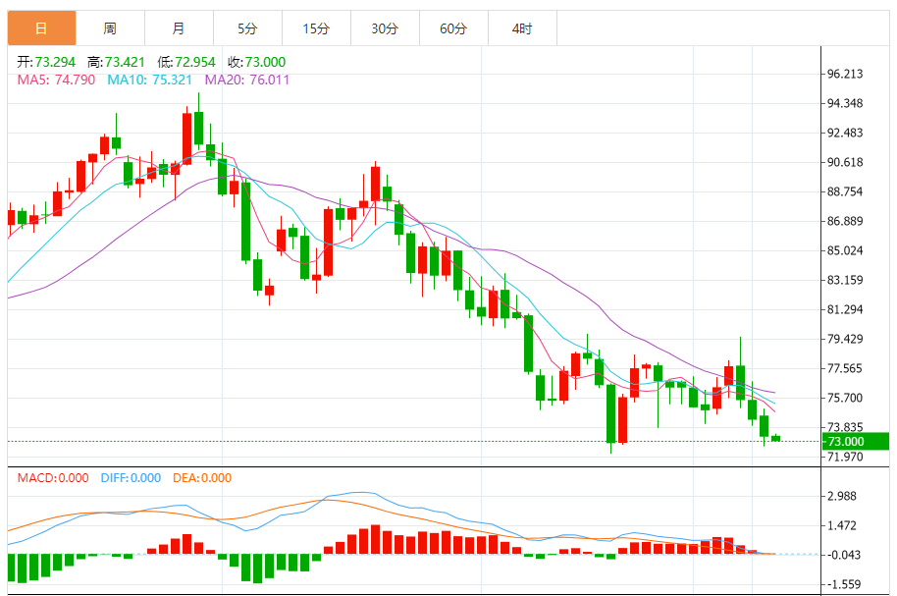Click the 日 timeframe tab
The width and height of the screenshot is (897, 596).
(x=41, y=28)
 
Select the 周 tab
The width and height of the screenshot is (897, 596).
(x=110, y=28)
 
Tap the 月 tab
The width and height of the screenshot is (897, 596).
(x=178, y=28)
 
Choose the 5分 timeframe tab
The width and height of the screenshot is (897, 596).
(x=247, y=28)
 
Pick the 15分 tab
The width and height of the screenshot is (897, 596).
(x=316, y=28)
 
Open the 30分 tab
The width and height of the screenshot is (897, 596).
(x=385, y=28)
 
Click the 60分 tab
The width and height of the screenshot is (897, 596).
(x=453, y=28)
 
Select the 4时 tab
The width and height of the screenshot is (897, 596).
(x=522, y=28)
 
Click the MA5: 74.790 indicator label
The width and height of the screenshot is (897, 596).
(x=56, y=80)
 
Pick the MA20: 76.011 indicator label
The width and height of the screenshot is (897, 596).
(x=246, y=80)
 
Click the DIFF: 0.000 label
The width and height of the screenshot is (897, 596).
(x=131, y=478)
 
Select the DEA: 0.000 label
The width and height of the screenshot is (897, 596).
(x=202, y=478)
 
